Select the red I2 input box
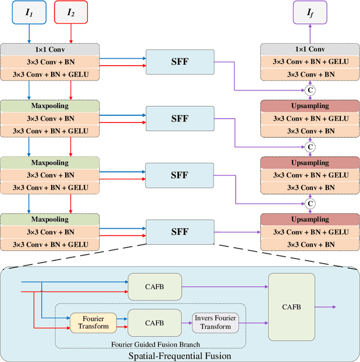pyautogui.click(x=71, y=12)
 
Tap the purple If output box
pyautogui.click(x=309, y=12)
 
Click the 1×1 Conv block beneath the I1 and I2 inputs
pyautogui.click(x=50, y=49)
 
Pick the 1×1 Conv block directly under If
pyautogui.click(x=309, y=49)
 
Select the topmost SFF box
pyautogui.click(x=179, y=61)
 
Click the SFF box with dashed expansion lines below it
pyautogui.click(x=179, y=231)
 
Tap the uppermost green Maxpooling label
pyautogui.click(x=50, y=106)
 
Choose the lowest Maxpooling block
pyautogui.click(x=50, y=219)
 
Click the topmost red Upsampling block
pyautogui.click(x=309, y=106)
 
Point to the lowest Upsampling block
pyautogui.click(x=309, y=219)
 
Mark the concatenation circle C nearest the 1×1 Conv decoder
pyautogui.click(x=309, y=90)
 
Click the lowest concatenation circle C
pyautogui.click(x=309, y=203)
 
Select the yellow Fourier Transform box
pyautogui.click(x=94, y=323)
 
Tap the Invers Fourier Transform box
pyautogui.click(x=215, y=323)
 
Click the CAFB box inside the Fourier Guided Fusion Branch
pyautogui.click(x=154, y=323)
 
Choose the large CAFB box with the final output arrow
pyautogui.click(x=291, y=307)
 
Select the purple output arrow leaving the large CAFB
pyautogui.click(x=325, y=307)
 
